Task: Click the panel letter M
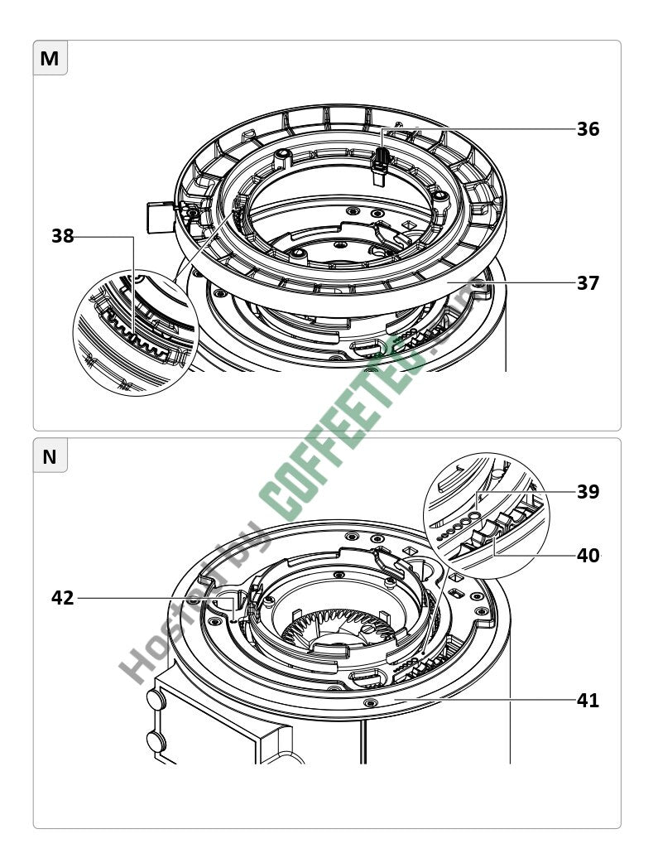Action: (x=49, y=58)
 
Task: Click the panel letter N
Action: (x=49, y=456)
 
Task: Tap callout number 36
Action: (x=588, y=129)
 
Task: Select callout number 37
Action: (x=588, y=283)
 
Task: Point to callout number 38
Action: (x=63, y=236)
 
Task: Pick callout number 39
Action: (x=588, y=491)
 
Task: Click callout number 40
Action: (x=588, y=556)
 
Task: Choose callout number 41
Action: (x=588, y=701)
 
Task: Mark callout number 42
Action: (x=63, y=598)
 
